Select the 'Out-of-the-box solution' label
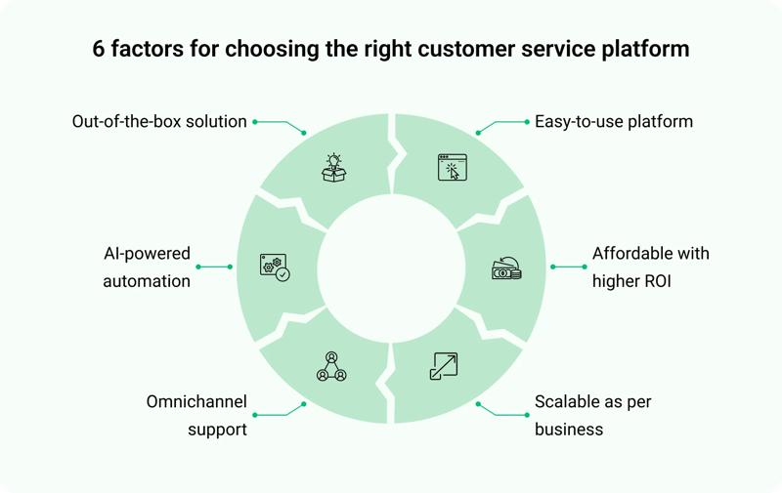pos(159,122)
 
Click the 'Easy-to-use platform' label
pos(614,122)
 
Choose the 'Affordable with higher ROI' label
pos(650,267)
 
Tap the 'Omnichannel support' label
pos(195,415)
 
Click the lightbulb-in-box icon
pos(334,167)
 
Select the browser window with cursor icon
pos(453,167)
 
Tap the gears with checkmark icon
pos(274,267)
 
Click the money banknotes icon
pos(505,267)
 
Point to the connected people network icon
pos(331,366)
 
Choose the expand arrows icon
pos(444,366)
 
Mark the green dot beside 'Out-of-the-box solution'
pos(255,122)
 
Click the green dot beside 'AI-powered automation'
pos(198,267)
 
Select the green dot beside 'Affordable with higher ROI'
pos(586,267)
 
